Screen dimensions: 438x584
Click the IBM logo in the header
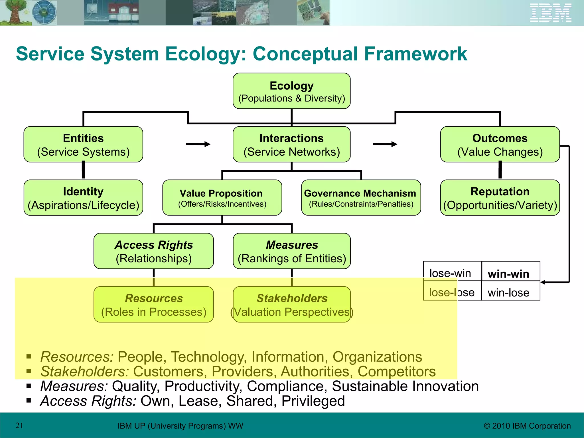tap(550, 13)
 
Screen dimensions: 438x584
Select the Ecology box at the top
tap(291, 91)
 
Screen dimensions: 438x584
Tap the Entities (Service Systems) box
tap(83, 145)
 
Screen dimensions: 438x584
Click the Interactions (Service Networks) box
tap(291, 145)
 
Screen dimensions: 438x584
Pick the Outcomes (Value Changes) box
tap(500, 145)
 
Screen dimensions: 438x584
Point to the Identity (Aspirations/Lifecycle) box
tap(83, 198)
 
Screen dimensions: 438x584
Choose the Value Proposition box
tap(222, 198)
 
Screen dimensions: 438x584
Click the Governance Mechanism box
tap(361, 198)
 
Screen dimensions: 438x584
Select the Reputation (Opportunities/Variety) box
tap(500, 198)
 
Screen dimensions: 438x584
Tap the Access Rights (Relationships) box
tap(153, 251)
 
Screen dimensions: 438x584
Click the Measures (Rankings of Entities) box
tap(291, 251)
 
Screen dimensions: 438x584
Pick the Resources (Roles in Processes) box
tap(153, 305)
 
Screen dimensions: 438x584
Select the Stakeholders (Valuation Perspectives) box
tap(291, 305)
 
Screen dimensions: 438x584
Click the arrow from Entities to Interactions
tap(198, 144)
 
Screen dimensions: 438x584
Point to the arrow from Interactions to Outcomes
tap(385, 144)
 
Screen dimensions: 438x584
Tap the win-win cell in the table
tap(509, 274)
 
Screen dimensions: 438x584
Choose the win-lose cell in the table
tap(509, 293)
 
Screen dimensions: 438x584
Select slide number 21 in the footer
tap(19, 425)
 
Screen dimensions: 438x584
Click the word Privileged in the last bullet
tap(313, 401)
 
